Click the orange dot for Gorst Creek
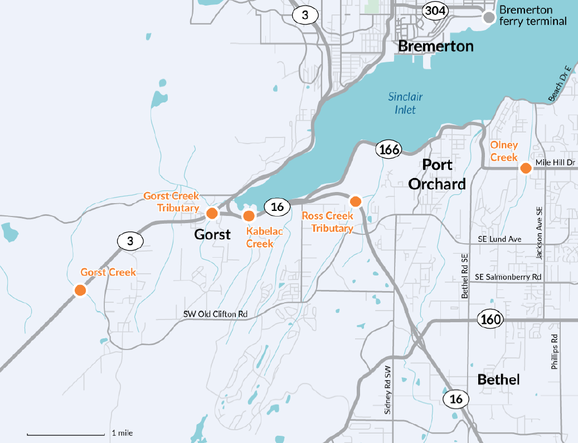[80, 290]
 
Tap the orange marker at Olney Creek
[525, 168]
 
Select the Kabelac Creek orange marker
[249, 215]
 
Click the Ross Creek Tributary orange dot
[355, 200]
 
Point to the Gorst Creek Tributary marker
[212, 213]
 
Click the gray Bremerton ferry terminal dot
[489, 17]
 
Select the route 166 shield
[388, 149]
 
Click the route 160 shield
[490, 319]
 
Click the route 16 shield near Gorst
[277, 207]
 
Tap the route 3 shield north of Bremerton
[305, 14]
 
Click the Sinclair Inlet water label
[405, 103]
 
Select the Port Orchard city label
[437, 174]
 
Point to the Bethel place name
[498, 380]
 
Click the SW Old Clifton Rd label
[215, 314]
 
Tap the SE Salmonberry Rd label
[508, 277]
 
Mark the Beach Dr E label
[560, 83]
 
